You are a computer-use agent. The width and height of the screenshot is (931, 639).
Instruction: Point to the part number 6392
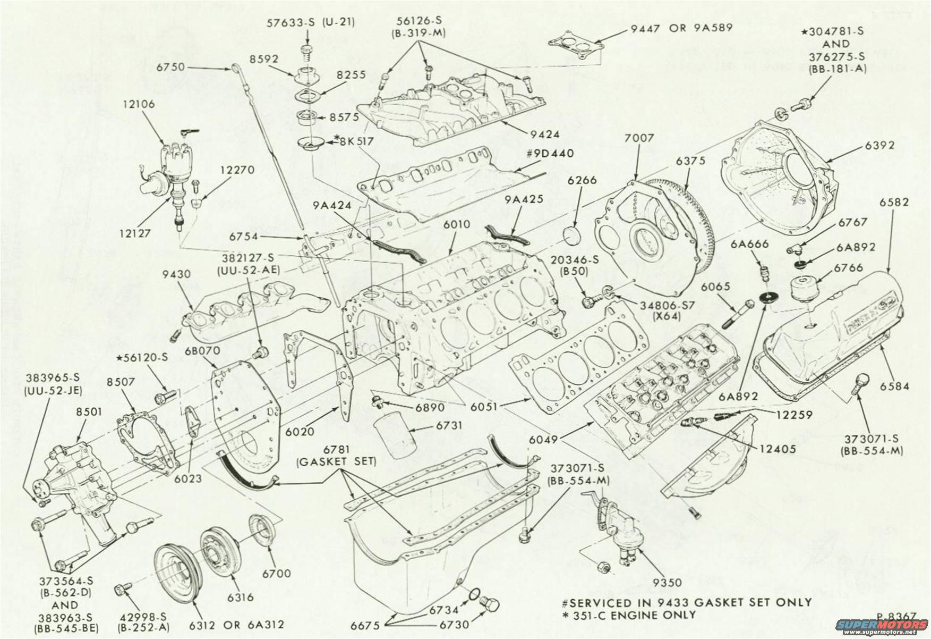pos(879,146)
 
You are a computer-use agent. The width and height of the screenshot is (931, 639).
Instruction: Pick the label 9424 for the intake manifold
pos(545,134)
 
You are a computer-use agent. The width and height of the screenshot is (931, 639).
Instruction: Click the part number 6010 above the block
pos(456,225)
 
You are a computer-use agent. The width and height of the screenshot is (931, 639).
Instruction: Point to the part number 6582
pos(894,203)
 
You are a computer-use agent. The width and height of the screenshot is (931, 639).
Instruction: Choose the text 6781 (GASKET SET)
pos(336,456)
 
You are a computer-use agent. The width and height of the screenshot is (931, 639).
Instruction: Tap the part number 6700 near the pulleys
pos(276,573)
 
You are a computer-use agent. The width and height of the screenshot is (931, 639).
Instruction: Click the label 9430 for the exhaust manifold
pos(176,275)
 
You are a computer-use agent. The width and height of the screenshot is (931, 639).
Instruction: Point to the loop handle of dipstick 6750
pos(235,68)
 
